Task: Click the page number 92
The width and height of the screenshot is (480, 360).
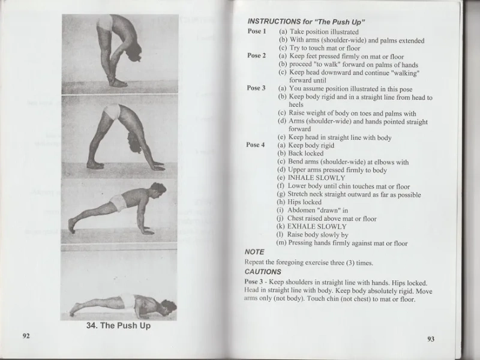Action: (26, 335)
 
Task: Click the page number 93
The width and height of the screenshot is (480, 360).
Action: (431, 339)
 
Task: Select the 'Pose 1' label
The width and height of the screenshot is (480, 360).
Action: (256, 31)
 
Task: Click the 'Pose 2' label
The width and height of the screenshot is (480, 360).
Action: (256, 56)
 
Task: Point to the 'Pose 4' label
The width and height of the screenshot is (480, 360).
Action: (256, 145)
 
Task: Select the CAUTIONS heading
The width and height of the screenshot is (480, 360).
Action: (263, 272)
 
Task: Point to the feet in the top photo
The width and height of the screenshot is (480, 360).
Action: (118, 82)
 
